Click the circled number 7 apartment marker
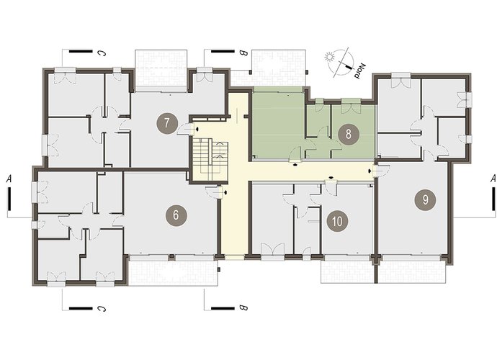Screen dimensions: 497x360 [167, 123]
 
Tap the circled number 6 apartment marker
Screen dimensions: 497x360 [176, 215]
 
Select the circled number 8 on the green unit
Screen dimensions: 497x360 [349, 134]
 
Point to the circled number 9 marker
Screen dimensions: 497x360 [425, 199]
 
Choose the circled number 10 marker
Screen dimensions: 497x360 [337, 221]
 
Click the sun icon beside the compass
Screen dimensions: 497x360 [330, 57]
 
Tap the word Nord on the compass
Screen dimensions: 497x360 [359, 71]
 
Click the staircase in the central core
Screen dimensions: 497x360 [210, 159]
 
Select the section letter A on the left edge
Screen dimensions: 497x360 [9, 179]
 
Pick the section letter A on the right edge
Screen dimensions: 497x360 [493, 179]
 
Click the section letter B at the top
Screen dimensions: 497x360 [243, 53]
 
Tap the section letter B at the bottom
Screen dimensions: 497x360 [243, 307]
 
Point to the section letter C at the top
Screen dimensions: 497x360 [102, 53]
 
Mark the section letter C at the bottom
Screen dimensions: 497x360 [102, 308]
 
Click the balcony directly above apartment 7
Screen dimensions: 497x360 [161, 71]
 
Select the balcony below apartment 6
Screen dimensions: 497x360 [173, 271]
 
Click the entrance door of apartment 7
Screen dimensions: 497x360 [186, 130]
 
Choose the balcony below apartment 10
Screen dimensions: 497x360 [348, 270]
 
